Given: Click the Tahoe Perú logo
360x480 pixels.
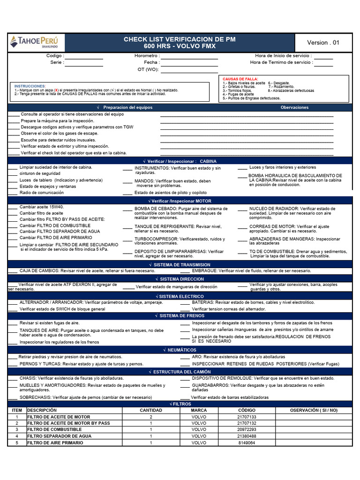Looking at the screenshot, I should click(x=31, y=42).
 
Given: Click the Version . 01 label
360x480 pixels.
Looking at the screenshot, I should click(x=322, y=43).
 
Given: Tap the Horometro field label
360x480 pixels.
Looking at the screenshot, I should click(x=147, y=56).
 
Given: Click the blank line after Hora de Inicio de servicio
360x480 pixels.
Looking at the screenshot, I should click(x=323, y=56).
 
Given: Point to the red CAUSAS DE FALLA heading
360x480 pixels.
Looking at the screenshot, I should click(x=240, y=79).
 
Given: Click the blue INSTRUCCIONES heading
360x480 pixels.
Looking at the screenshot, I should click(x=30, y=86).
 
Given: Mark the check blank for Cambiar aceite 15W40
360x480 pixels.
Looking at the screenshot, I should click(x=13, y=207).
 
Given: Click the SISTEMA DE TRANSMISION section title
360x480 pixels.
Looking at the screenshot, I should click(x=181, y=265).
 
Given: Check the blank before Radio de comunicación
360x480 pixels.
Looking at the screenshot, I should click(x=13, y=193).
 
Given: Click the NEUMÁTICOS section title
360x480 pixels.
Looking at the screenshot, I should click(x=181, y=350).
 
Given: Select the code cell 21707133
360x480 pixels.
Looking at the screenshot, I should click(x=247, y=417).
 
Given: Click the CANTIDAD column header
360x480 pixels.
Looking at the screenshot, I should click(x=151, y=410).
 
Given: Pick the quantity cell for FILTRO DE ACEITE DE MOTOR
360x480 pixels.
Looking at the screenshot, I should click(x=151, y=417).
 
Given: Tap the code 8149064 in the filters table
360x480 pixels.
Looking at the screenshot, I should click(x=247, y=442).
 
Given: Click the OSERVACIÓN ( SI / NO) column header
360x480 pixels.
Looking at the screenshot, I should click(x=314, y=410).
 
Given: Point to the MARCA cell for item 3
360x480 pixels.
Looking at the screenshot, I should click(x=199, y=429).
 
